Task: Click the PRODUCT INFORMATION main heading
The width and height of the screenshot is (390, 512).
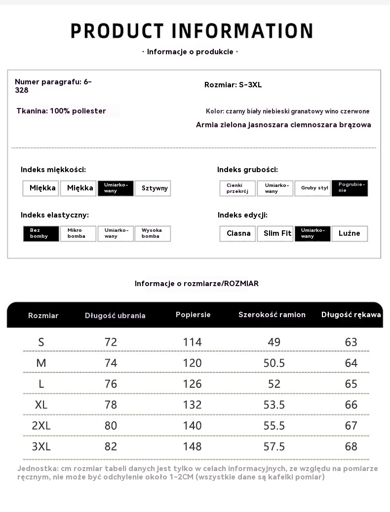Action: pyautogui.click(x=192, y=31)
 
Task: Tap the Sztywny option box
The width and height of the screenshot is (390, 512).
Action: pyautogui.click(x=153, y=188)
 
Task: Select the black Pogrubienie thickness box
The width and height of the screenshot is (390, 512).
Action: pyautogui.click(x=350, y=188)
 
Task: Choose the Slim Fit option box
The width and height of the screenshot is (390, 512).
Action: pyautogui.click(x=275, y=233)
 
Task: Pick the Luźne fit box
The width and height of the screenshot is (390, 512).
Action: pyautogui.click(x=350, y=233)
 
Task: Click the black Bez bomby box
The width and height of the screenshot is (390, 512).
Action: pyautogui.click(x=41, y=233)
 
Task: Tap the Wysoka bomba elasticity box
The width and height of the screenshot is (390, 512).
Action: pyautogui.click(x=153, y=233)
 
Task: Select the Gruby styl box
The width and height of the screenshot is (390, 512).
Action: pyautogui.click(x=312, y=188)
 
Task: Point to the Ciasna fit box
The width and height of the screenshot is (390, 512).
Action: pyautogui.click(x=238, y=233)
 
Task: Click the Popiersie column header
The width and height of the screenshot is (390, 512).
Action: pyautogui.click(x=193, y=315)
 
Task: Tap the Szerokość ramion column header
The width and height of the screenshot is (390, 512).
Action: pyautogui.click(x=272, y=315)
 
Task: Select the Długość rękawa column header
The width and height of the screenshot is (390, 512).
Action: pyautogui.click(x=351, y=315)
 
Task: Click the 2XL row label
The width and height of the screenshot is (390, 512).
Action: pyautogui.click(x=41, y=426)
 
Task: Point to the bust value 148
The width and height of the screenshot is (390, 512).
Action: pyautogui.click(x=192, y=446)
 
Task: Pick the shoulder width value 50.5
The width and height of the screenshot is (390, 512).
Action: pyautogui.click(x=274, y=363)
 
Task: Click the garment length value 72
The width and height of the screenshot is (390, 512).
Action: pyautogui.click(x=111, y=342)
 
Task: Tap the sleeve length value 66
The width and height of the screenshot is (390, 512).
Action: pyautogui.click(x=351, y=405)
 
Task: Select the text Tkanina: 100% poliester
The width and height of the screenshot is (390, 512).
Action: pyautogui.click(x=61, y=111)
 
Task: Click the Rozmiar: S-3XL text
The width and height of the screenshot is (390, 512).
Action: pyautogui.click(x=233, y=85)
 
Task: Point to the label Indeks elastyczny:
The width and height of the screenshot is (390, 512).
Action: pyautogui.click(x=55, y=215)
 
